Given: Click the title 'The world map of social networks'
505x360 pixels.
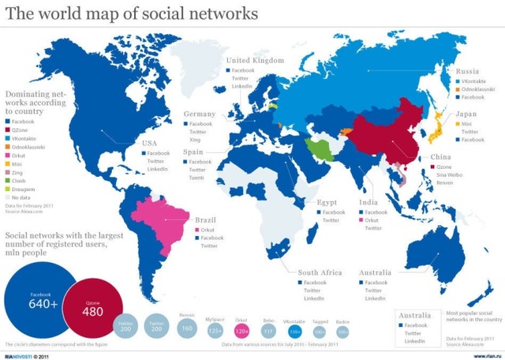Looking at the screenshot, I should [132, 13].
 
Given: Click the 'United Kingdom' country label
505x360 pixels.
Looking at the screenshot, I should [255, 60].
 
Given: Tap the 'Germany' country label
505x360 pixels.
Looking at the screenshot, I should [200, 114].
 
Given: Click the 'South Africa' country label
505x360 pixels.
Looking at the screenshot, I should [320, 272].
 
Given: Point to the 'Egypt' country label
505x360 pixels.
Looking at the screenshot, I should [327, 202].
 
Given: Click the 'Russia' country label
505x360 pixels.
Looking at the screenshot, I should [467, 71].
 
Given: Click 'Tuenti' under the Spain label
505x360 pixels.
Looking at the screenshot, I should [197, 178].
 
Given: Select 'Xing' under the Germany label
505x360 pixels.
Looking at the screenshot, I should [194, 140].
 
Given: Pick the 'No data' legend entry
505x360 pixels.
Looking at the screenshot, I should [24, 197].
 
